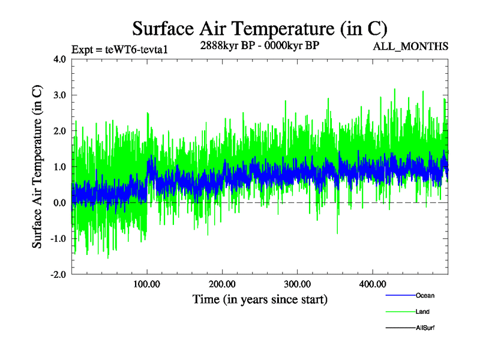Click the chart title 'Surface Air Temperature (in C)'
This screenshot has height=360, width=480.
(x=260, y=28)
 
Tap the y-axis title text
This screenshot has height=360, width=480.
(x=37, y=167)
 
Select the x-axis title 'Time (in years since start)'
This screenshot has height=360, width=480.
(x=260, y=299)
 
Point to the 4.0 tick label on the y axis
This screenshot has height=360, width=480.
(x=59, y=59)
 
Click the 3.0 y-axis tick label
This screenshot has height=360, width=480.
(x=59, y=95)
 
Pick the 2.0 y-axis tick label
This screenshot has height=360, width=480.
(x=59, y=131)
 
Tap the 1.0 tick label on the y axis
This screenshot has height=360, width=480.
(x=59, y=167)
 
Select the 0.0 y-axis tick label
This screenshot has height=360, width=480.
(x=59, y=203)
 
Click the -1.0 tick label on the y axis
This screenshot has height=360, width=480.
(x=58, y=239)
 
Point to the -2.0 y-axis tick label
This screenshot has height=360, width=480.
(x=58, y=274)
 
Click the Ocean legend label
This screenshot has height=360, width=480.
(x=425, y=295)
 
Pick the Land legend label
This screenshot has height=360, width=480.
(x=422, y=311)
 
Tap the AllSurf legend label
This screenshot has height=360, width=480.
(x=425, y=328)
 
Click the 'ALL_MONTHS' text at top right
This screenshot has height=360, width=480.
(x=410, y=47)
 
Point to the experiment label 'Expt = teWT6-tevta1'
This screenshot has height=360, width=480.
(x=119, y=49)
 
